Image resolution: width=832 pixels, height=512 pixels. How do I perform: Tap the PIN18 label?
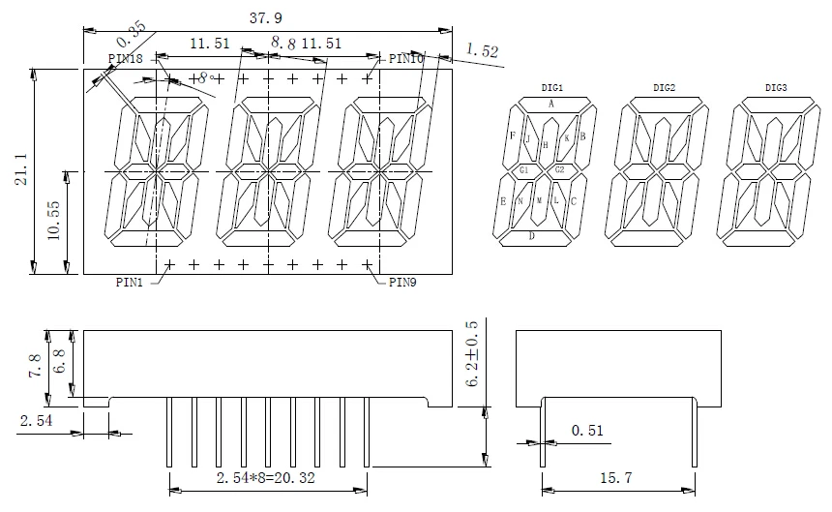pos(125,59)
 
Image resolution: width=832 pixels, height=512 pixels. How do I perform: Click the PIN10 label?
pos(407,59)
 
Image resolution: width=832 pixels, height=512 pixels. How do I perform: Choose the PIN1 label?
pos(130,283)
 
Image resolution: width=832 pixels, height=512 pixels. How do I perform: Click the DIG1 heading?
pos(552,88)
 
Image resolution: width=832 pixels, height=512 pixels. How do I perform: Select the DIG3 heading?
pos(776,88)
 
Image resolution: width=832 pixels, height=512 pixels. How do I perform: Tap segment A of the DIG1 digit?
pos(551,104)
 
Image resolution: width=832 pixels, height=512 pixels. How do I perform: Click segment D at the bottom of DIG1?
pos(531,235)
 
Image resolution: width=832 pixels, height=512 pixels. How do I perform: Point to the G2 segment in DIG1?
pos(560,170)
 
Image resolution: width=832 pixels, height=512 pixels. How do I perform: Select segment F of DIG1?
pos(513,136)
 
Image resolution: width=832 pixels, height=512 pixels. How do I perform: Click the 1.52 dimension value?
pos(482,50)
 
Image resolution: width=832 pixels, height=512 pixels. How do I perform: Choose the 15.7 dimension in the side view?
pos(616,477)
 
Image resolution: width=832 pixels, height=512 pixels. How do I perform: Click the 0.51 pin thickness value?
pos(587,430)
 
